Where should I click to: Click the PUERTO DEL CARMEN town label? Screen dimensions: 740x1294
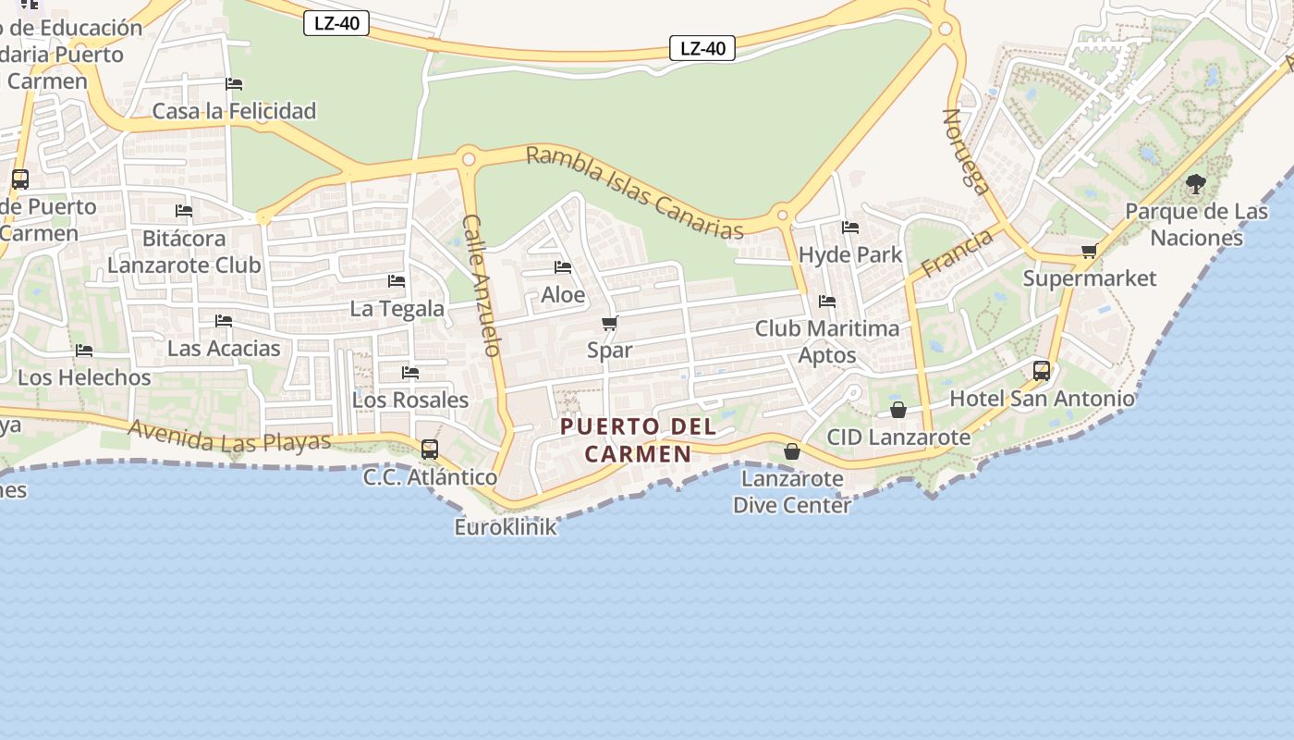[x=638, y=440]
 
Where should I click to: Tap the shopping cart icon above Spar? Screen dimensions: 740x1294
[x=609, y=324]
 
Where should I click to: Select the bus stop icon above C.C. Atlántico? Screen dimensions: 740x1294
[x=430, y=450]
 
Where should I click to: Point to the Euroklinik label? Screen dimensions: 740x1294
[x=506, y=527]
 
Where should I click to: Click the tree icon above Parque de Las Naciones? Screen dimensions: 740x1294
[x=1196, y=184]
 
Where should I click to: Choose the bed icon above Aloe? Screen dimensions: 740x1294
[x=562, y=268]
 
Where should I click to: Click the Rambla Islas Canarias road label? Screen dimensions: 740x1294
[x=634, y=192]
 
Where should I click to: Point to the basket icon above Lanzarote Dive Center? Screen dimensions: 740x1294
[x=792, y=451]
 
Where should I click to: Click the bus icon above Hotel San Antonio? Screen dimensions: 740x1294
[x=1042, y=371]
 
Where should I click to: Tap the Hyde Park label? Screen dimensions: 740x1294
[x=850, y=254]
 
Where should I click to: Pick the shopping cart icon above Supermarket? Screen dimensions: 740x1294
[x=1090, y=252]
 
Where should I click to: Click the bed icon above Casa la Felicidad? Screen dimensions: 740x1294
[x=234, y=84]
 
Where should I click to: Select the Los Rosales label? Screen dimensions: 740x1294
[x=410, y=400]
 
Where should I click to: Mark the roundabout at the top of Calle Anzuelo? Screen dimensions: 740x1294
[x=469, y=159]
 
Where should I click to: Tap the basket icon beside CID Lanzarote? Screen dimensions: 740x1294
[x=897, y=410]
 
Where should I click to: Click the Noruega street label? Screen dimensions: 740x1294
[x=966, y=152]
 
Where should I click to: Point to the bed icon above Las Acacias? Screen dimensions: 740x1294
[x=224, y=321]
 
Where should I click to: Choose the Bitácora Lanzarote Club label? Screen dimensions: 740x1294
[x=184, y=252]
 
